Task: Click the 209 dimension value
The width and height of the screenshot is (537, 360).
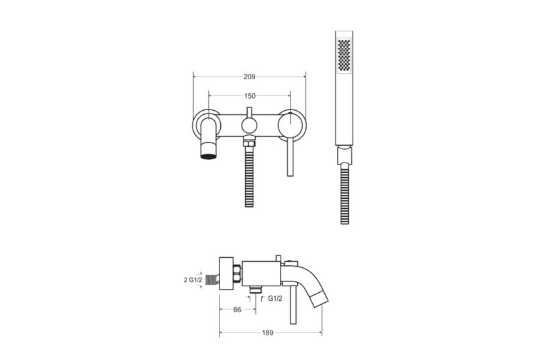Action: [x=249, y=77]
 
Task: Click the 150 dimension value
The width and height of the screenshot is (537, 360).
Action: [x=250, y=96]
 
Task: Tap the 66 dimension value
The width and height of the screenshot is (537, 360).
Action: [x=237, y=310]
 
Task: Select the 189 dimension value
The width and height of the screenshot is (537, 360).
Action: [x=267, y=332]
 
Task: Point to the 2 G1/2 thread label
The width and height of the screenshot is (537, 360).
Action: [x=193, y=280]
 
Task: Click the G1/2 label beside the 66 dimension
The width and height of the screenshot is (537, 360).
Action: [x=275, y=299]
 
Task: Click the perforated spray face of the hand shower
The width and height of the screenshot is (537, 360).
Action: [x=344, y=55]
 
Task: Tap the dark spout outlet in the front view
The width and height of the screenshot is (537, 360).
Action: [x=209, y=156]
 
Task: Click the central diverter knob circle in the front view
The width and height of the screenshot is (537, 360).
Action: [x=249, y=126]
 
